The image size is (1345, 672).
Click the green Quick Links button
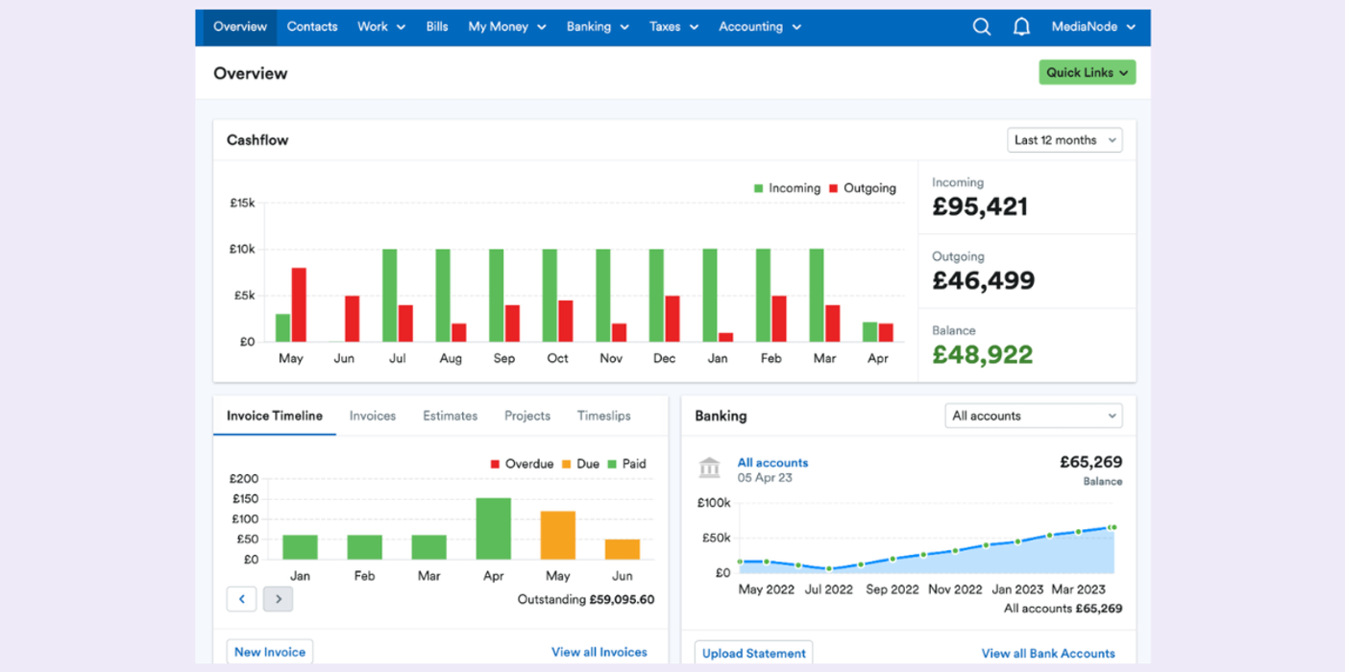coord(1087,72)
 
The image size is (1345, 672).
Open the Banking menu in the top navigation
coord(597,27)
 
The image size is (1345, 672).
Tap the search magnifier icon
coord(981,27)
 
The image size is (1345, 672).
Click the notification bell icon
coord(1021,27)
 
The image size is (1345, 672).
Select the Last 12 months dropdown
coord(1064,140)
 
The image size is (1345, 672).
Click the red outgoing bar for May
coord(299,304)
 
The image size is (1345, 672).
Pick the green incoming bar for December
coord(656,296)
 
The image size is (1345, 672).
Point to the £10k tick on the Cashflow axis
coord(241,250)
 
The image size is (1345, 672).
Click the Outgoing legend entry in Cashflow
coord(862,188)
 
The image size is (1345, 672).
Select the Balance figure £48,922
coord(982,355)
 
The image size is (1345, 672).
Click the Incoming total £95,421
coord(980,206)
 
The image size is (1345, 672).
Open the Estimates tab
coord(450,416)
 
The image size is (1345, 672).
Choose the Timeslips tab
coord(603,416)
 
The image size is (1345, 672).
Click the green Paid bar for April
coord(493,528)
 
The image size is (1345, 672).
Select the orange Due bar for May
coord(557,535)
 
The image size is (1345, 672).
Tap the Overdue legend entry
coord(522,464)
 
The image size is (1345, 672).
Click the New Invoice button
coord(270,652)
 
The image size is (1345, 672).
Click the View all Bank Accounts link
coord(1048,654)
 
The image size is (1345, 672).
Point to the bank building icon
coord(710,468)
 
